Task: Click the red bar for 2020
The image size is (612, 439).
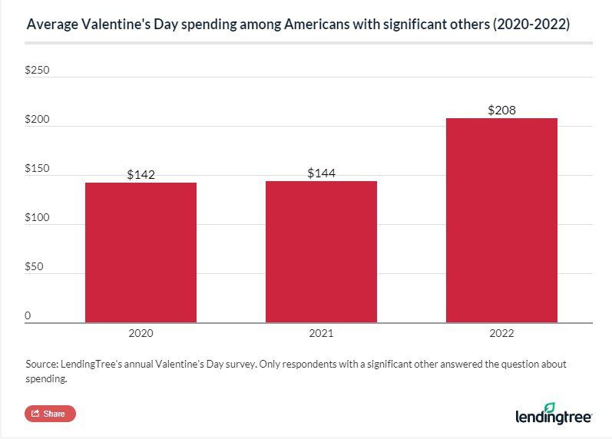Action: (141, 253)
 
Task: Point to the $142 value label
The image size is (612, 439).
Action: (141, 174)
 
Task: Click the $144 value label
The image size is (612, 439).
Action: (321, 173)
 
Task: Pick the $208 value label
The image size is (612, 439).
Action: (501, 110)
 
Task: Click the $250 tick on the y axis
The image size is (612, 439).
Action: (37, 70)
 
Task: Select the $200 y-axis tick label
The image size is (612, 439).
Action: (37, 120)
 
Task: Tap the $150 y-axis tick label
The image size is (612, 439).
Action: (37, 169)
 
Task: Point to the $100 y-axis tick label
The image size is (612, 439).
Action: (37, 218)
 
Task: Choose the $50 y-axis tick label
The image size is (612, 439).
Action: (34, 267)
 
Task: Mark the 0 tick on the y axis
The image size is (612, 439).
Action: (28, 315)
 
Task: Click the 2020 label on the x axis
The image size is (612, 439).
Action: (141, 334)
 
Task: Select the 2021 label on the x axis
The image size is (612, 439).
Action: (321, 334)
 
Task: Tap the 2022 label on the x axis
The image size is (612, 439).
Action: (501, 334)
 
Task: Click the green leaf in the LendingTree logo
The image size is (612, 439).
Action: (571, 408)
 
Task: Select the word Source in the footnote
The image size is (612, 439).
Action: (41, 364)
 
